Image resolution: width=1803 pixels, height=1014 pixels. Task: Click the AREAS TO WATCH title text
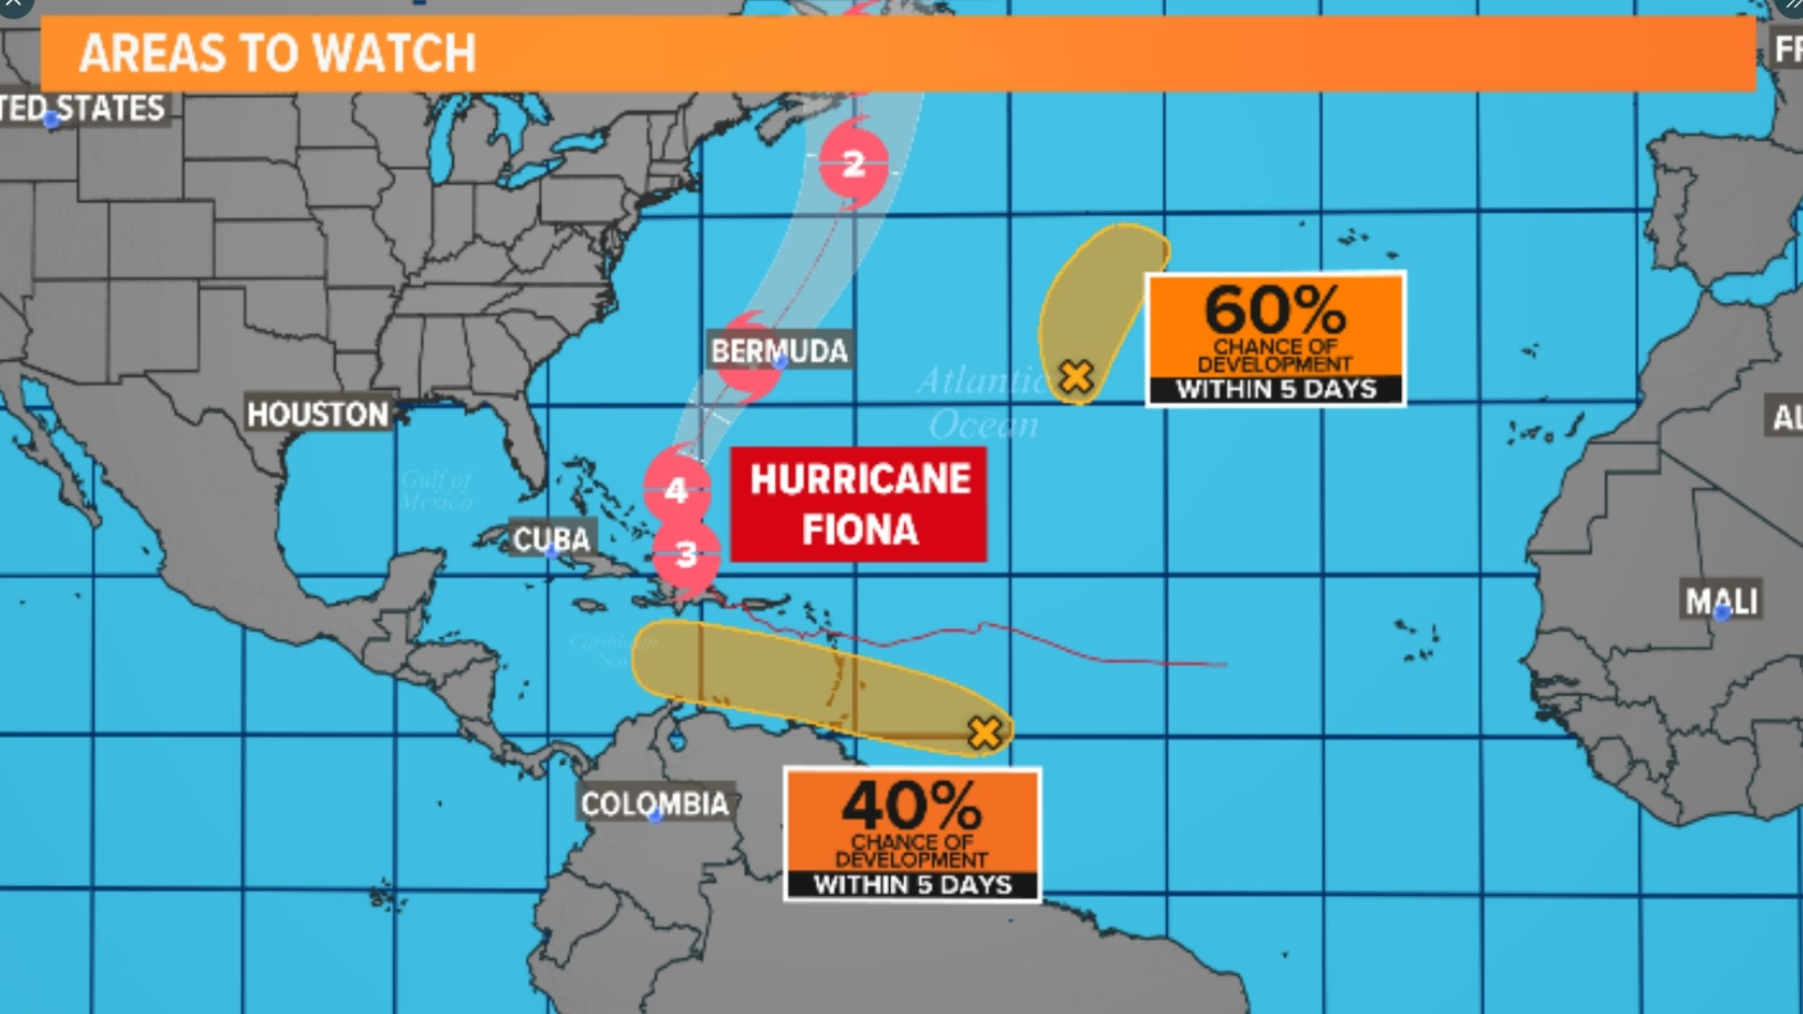coord(277,54)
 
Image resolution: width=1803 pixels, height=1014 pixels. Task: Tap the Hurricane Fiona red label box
coord(858,504)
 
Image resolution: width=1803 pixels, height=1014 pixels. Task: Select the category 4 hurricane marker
coord(676,489)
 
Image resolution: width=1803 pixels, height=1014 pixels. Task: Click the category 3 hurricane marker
coord(686,554)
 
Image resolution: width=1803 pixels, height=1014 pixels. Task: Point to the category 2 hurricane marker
coord(853,164)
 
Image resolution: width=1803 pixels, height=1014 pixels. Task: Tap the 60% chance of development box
coord(1275,338)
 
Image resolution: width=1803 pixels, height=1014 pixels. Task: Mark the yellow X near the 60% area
coord(1076,376)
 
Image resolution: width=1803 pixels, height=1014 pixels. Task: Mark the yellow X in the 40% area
coord(984,732)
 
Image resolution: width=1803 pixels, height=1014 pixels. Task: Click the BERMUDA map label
coord(779,350)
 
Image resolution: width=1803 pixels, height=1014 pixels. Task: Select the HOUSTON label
coord(317,414)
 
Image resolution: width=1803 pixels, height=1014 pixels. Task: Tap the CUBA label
coord(551,539)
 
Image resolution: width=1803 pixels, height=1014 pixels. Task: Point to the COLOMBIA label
coord(655,804)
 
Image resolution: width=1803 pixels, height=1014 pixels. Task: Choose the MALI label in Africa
coord(1721,600)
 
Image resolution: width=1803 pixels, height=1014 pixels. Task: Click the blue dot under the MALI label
coord(1722,614)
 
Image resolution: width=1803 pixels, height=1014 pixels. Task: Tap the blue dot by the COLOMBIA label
coord(655,817)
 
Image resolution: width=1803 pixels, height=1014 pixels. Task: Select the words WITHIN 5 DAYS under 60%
coord(1275,390)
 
